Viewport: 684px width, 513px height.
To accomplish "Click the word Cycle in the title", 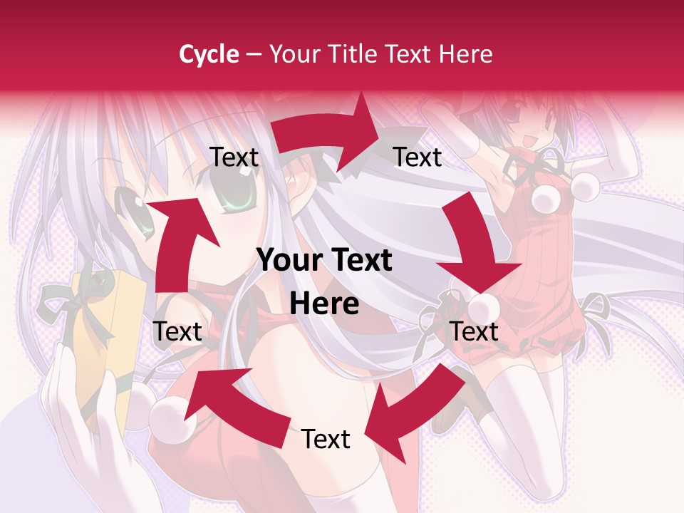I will (x=208, y=54).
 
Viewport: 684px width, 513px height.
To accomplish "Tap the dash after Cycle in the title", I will (x=253, y=55).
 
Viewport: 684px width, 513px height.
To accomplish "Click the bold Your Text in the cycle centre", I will (x=324, y=261).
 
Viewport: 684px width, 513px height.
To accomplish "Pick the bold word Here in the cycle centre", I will (x=324, y=304).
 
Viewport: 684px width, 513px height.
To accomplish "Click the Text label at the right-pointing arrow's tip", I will (x=418, y=157).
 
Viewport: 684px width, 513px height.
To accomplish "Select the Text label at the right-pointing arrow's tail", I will (x=234, y=157).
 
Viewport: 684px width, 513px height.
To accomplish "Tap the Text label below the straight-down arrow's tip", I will (x=475, y=331).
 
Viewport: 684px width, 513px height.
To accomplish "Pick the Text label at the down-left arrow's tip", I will (x=326, y=439).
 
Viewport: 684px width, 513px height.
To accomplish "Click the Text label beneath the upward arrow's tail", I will (x=177, y=331).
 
